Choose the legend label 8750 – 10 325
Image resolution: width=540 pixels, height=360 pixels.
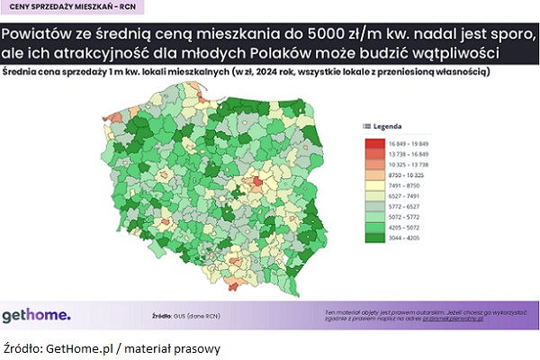point(407,175)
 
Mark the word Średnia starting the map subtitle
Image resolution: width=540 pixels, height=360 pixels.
point(22,71)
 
